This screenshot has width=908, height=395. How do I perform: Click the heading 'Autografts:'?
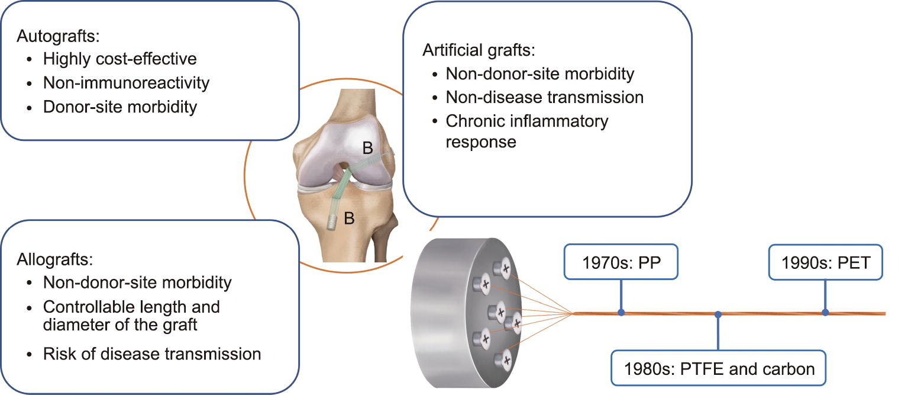(x=59, y=36)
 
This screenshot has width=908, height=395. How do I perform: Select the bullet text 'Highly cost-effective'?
(x=119, y=59)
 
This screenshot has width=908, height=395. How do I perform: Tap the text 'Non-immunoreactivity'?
(x=126, y=82)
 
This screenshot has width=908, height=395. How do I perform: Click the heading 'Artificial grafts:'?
(x=479, y=50)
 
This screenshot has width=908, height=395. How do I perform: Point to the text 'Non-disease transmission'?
(x=544, y=97)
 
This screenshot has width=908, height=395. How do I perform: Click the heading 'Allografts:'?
(x=54, y=259)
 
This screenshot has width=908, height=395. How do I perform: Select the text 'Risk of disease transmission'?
(x=152, y=354)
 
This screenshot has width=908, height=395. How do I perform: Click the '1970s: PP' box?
(x=621, y=262)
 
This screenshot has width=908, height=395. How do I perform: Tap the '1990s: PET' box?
(x=825, y=262)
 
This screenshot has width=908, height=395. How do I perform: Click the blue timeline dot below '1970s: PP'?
(x=621, y=312)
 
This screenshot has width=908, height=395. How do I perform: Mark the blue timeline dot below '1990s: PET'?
(x=825, y=312)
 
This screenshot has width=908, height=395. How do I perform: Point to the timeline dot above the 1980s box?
(x=718, y=314)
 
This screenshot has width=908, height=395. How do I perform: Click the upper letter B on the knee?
(x=368, y=149)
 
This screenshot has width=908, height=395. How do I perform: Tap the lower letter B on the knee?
(x=350, y=219)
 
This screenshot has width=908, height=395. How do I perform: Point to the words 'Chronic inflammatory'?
(x=527, y=121)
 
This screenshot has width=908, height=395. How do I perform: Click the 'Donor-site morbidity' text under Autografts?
(x=120, y=107)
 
